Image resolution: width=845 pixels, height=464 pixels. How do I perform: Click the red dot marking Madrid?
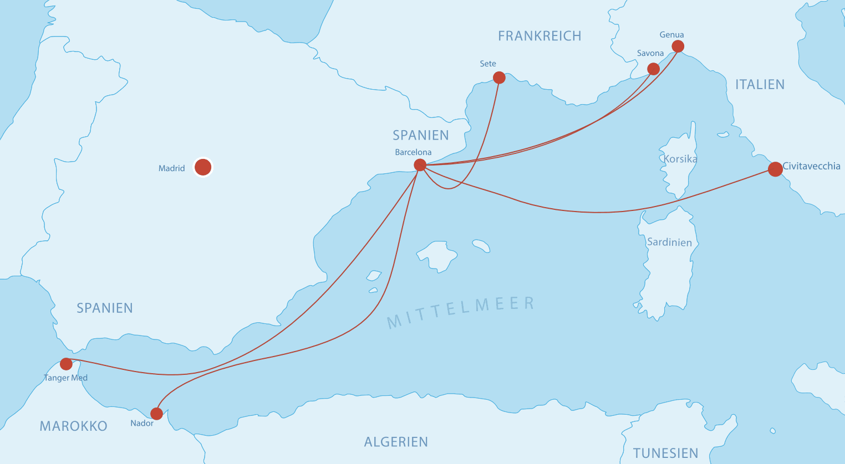click(x=203, y=167)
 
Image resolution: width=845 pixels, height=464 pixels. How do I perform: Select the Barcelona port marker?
click(x=420, y=165)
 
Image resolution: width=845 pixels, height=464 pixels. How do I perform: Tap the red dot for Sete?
click(x=499, y=78)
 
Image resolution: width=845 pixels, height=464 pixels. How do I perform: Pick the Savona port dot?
click(x=654, y=69)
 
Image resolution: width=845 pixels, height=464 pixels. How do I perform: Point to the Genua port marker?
click(x=678, y=47)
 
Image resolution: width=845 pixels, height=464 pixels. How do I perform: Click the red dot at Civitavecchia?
click(x=775, y=169)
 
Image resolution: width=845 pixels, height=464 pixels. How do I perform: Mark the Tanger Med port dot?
click(x=66, y=364)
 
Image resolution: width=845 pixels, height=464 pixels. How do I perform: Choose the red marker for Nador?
click(x=157, y=414)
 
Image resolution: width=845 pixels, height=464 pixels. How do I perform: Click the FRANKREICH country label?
click(x=539, y=36)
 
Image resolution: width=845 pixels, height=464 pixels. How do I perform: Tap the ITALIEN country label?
click(x=760, y=85)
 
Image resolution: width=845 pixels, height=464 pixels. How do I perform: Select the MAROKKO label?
click(x=74, y=426)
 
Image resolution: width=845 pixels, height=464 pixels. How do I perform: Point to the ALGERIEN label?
click(x=396, y=442)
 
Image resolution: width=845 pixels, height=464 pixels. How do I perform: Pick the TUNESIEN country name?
click(x=665, y=453)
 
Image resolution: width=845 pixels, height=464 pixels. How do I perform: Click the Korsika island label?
click(x=680, y=159)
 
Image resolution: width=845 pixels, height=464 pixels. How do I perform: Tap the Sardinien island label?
click(x=669, y=242)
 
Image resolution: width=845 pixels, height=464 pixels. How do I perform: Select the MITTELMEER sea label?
click(x=460, y=312)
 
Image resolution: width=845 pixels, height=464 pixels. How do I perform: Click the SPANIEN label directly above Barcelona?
click(x=420, y=135)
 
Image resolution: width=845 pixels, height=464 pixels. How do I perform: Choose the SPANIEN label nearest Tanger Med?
click(x=105, y=308)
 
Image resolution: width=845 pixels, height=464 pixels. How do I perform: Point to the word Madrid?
click(x=172, y=168)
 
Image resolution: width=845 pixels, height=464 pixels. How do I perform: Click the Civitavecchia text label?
click(x=811, y=166)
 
